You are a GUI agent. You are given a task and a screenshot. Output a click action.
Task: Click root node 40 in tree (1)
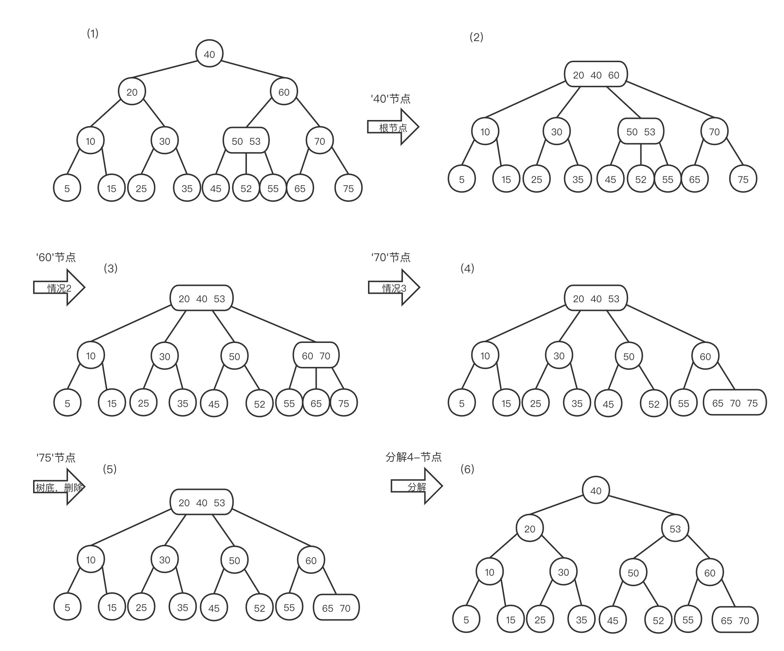pos(209,54)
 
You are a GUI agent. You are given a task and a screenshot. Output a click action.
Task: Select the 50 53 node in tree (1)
pos(246,141)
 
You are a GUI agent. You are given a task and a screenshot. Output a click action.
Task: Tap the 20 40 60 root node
pos(596,75)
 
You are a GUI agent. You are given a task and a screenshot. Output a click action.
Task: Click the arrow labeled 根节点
pos(393,127)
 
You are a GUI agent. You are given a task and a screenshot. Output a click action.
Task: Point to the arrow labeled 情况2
pos(59,288)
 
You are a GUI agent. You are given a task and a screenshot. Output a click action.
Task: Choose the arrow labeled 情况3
pos(394,288)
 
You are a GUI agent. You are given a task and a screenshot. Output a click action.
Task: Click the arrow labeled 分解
pos(416,487)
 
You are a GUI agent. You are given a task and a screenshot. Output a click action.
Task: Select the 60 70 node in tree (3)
pos(316,356)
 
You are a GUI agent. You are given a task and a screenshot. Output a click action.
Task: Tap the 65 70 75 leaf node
pos(735,403)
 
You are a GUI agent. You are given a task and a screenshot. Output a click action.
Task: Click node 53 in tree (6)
pos(675,528)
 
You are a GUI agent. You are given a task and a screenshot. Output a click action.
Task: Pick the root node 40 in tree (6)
pos(596,491)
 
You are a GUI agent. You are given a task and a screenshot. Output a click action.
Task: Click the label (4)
pos(467,268)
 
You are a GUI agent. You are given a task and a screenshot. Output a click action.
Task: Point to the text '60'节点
pos(56,257)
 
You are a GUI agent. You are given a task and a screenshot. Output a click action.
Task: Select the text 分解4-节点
pos(413,457)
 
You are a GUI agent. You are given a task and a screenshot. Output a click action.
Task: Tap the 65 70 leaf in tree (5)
pos(336,608)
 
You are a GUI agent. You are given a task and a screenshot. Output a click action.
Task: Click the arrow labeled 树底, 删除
pos(59,487)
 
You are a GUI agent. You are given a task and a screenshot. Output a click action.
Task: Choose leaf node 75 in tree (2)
pos(743,180)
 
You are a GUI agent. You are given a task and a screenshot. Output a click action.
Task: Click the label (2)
pos(476,37)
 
